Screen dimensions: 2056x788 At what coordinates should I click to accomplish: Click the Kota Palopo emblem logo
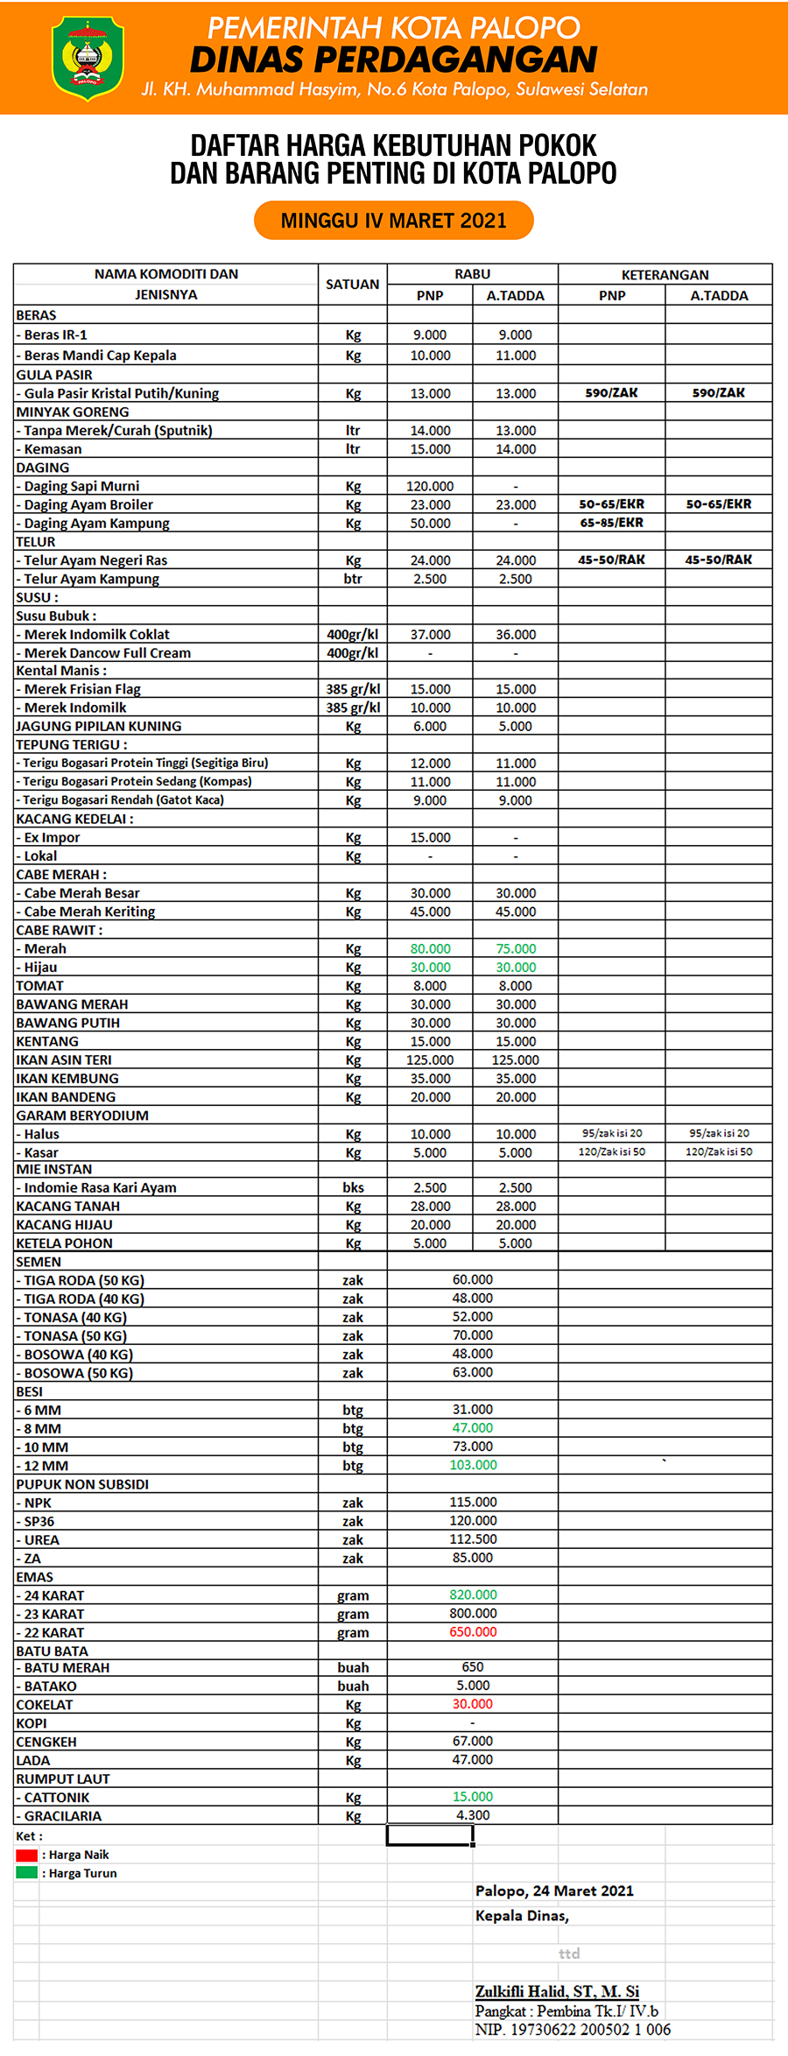click(x=88, y=59)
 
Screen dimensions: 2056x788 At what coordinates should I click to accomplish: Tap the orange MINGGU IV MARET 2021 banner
click(x=393, y=221)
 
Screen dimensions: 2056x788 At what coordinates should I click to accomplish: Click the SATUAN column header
click(x=352, y=285)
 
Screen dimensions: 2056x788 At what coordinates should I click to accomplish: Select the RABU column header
click(x=472, y=274)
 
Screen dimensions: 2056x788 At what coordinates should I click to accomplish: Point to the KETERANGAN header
click(x=665, y=275)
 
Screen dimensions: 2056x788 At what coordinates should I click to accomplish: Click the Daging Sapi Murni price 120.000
click(x=430, y=486)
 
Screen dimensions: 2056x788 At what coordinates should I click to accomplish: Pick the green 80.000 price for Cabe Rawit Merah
click(x=430, y=948)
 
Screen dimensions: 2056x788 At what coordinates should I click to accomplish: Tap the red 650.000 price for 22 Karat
click(x=473, y=1632)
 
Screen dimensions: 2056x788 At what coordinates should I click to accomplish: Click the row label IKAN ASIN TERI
click(x=64, y=1060)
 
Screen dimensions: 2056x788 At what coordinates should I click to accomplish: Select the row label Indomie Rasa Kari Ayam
click(x=100, y=1187)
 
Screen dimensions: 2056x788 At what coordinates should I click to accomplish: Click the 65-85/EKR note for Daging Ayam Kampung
click(x=611, y=523)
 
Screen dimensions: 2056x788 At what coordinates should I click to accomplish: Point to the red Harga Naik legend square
click(x=26, y=1855)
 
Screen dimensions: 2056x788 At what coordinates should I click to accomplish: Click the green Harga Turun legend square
click(x=26, y=1873)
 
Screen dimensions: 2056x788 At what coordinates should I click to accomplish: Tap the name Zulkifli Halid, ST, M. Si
click(x=557, y=1991)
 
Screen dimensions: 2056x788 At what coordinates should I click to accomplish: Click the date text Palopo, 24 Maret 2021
click(x=554, y=1891)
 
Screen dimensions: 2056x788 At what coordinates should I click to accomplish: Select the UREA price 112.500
click(x=473, y=1539)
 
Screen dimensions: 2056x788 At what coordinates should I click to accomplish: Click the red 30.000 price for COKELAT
click(x=473, y=1704)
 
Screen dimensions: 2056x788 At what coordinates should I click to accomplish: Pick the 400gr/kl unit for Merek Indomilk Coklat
click(x=352, y=634)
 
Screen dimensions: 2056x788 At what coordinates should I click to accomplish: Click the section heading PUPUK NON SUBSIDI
click(x=82, y=1484)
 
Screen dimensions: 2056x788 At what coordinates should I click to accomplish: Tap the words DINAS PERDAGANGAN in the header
click(x=393, y=60)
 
